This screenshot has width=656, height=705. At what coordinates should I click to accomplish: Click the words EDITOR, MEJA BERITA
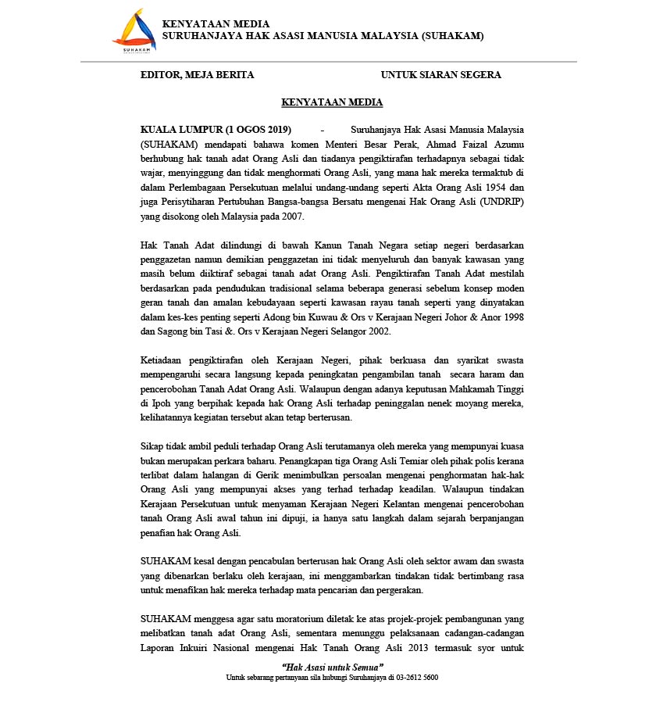coord(197,75)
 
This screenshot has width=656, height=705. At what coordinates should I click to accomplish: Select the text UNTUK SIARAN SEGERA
coord(440,75)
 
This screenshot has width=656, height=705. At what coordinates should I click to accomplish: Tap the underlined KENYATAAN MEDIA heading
coord(331,102)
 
